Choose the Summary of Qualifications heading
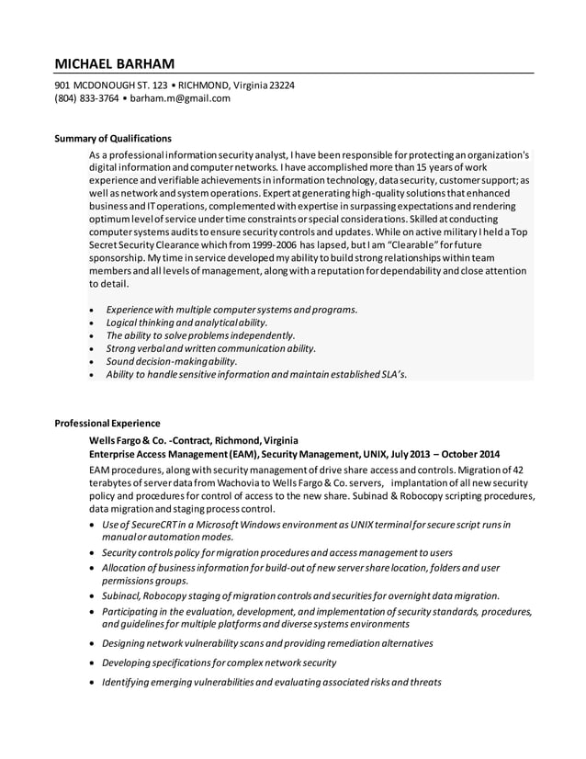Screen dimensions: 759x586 (x=113, y=138)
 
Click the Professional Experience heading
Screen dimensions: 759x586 (x=107, y=424)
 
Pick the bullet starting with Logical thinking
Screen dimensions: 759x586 (x=186, y=323)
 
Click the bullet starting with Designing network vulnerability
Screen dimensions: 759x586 (x=266, y=643)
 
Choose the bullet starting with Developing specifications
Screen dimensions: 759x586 (x=219, y=663)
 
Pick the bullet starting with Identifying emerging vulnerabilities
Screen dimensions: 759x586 (x=271, y=682)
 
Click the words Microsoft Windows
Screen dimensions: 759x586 (x=228, y=524)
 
